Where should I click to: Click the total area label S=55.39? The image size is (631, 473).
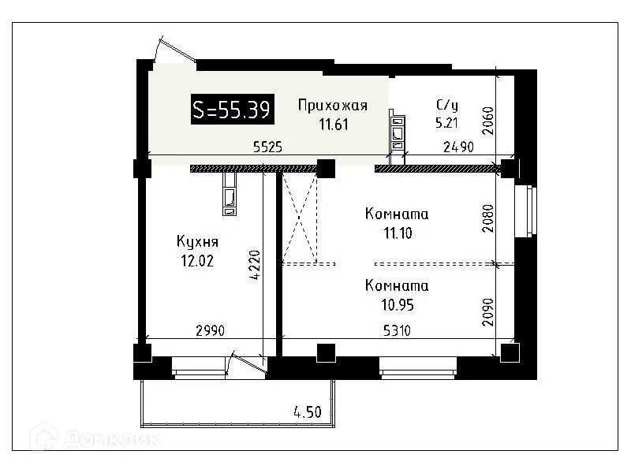[x=233, y=110]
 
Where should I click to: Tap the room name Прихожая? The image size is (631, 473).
[x=332, y=105]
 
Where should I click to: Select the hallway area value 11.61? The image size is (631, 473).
[x=332, y=123]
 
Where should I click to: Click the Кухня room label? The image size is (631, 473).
[x=197, y=242]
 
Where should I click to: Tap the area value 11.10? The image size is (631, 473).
[x=397, y=233]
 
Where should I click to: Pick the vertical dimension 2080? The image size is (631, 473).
[x=487, y=219]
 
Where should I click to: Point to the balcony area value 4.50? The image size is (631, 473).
[x=308, y=411]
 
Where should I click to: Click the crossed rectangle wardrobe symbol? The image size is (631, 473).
[x=300, y=219]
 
